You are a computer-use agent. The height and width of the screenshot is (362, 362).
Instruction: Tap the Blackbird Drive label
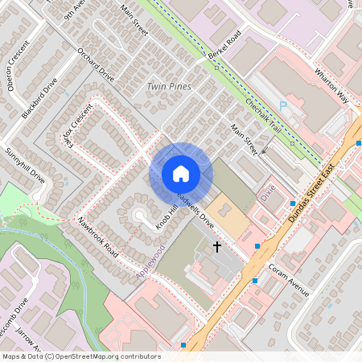click(x=39, y=99)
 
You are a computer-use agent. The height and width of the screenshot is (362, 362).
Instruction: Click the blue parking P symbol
click(x=282, y=105)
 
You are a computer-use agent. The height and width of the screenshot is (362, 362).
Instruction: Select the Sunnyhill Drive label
click(x=24, y=166)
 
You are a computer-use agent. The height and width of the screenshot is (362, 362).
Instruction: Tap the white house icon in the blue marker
click(x=181, y=173)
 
